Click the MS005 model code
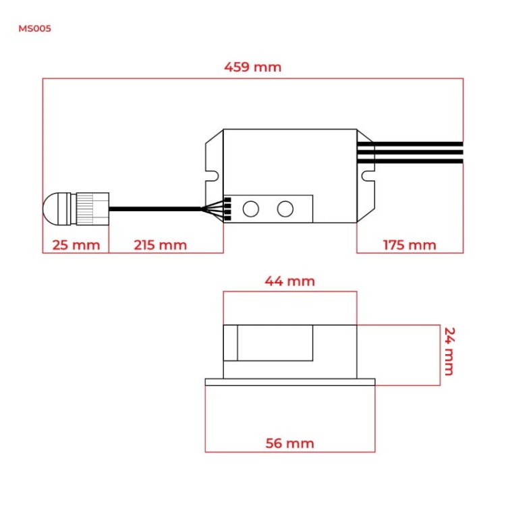(34, 29)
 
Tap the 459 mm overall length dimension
(252, 67)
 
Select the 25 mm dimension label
(75, 244)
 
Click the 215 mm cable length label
(160, 244)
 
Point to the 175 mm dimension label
(409, 244)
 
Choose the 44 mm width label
(289, 281)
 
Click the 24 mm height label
(449, 351)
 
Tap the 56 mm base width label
(289, 443)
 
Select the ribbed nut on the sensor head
(92, 208)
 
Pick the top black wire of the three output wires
(409, 144)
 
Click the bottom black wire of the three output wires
(409, 161)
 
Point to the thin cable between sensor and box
(155, 209)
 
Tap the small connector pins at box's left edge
(227, 208)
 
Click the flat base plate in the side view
(289, 382)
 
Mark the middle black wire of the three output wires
(409, 152)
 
